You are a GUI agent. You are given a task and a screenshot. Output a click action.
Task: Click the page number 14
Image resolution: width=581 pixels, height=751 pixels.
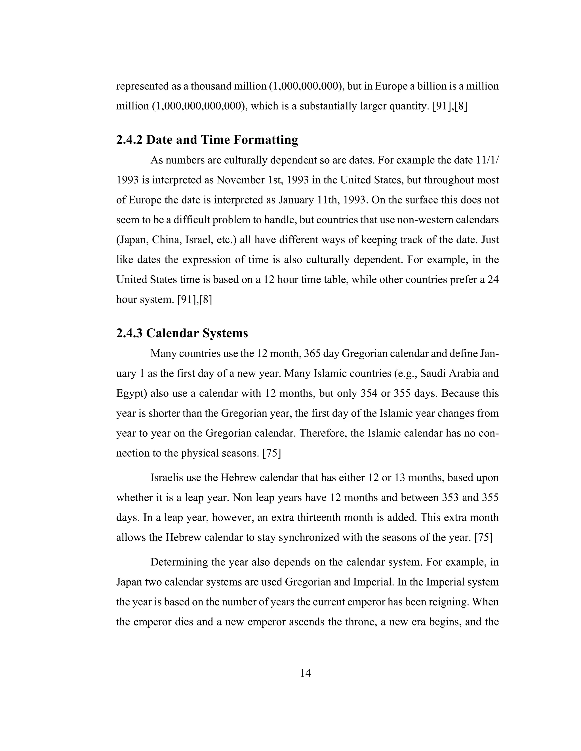pos(305,673)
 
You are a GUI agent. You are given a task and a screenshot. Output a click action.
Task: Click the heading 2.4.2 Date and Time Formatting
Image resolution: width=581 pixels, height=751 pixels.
pos(207,140)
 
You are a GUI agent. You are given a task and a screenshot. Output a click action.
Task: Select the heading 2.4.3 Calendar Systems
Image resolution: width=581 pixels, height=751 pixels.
pos(182,333)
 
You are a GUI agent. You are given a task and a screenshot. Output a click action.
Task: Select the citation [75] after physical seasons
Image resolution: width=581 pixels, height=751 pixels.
pos(271,453)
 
